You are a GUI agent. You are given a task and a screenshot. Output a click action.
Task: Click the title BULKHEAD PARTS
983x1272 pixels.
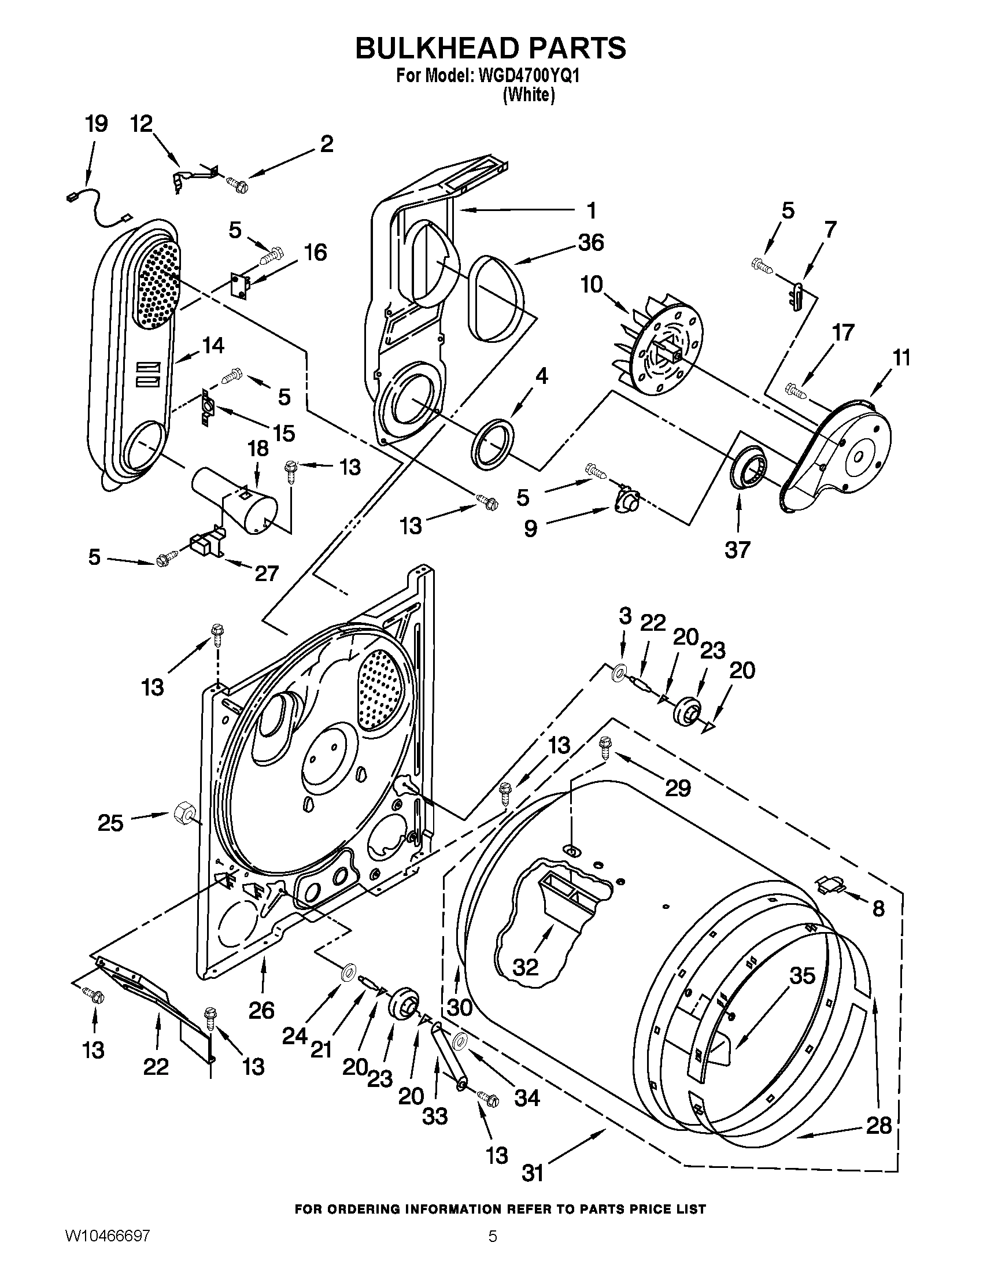[x=491, y=48]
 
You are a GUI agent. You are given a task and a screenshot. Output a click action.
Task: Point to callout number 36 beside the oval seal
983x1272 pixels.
[x=590, y=242]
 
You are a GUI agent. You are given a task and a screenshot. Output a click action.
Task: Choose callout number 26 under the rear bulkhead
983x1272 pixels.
[x=261, y=1010]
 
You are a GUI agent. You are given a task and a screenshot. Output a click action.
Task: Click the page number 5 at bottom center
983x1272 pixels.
[x=492, y=1251]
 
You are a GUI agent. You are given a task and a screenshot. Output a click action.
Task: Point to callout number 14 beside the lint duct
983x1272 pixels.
[x=213, y=345]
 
